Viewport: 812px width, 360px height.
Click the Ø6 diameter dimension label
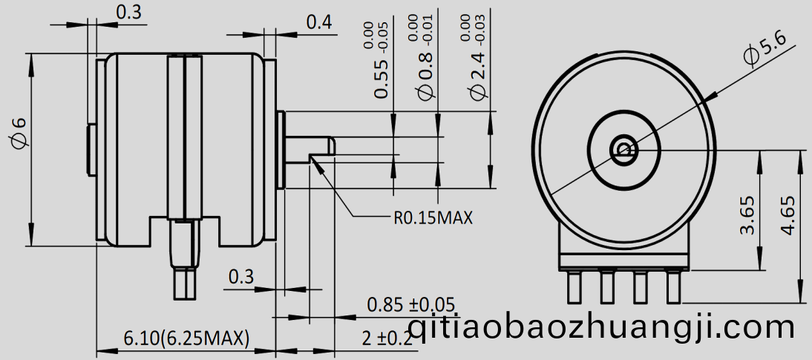[17, 134]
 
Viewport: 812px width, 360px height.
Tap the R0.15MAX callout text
[433, 218]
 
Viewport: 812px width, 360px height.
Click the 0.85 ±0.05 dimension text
[410, 304]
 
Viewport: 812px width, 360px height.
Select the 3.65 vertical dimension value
[747, 215]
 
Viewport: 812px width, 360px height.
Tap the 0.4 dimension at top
[318, 22]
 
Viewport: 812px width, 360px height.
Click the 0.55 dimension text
[381, 71]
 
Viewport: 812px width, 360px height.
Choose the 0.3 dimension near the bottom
[240, 277]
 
